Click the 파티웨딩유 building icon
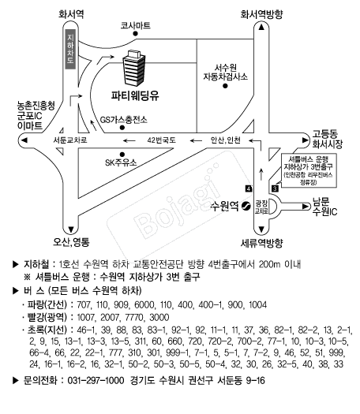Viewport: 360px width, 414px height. point(134,68)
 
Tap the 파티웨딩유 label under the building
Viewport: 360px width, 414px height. point(135,95)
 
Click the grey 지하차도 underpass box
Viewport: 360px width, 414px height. point(70,49)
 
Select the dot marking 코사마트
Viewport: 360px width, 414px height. point(136,34)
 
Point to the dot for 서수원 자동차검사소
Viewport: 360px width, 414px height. point(225,86)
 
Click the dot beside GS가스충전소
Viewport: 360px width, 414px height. point(122,128)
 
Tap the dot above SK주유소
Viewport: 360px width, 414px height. point(122,155)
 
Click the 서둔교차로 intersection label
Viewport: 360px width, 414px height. point(70,140)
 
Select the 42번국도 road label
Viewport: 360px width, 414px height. point(162,140)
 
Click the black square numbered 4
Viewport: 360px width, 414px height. point(249,188)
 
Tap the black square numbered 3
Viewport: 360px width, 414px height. point(275,188)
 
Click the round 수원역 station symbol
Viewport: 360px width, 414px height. point(246,206)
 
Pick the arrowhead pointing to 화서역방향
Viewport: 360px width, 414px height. point(261,27)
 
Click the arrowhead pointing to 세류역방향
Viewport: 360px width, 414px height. point(261,229)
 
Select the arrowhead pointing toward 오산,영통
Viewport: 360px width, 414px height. point(71,229)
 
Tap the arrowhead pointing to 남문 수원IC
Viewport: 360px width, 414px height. point(306,206)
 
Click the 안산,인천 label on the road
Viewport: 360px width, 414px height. point(226,140)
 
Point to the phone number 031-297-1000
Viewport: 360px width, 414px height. point(96,380)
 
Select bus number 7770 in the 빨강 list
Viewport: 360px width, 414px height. point(134,317)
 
